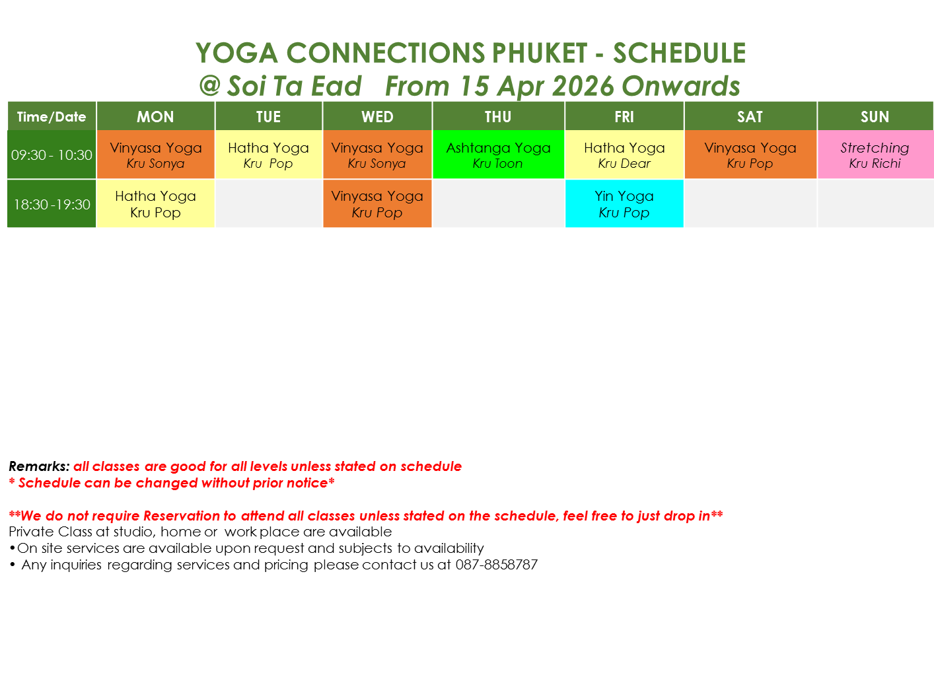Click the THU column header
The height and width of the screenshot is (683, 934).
click(498, 116)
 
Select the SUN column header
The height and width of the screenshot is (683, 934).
click(875, 116)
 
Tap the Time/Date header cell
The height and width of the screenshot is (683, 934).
click(52, 116)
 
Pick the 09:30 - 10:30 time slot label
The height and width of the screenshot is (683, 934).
click(52, 155)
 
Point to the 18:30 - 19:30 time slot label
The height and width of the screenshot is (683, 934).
click(52, 204)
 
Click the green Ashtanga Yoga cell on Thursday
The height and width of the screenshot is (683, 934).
click(498, 155)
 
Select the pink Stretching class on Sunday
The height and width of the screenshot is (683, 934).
click(875, 155)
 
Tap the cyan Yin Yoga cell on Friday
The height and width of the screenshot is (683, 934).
click(624, 204)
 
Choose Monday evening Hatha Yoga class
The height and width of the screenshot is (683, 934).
click(155, 204)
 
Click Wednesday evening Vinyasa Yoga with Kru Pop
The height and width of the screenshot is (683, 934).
click(377, 204)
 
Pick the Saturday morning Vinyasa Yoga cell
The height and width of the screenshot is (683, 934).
click(750, 155)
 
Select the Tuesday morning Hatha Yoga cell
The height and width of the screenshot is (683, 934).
click(269, 155)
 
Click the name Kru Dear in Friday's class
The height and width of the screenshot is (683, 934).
click(624, 163)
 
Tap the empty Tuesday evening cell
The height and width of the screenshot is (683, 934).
click(269, 204)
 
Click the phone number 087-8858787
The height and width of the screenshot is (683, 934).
click(496, 565)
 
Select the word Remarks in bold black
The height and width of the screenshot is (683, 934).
click(39, 466)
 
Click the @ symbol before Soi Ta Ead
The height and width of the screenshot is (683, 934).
click(210, 85)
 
